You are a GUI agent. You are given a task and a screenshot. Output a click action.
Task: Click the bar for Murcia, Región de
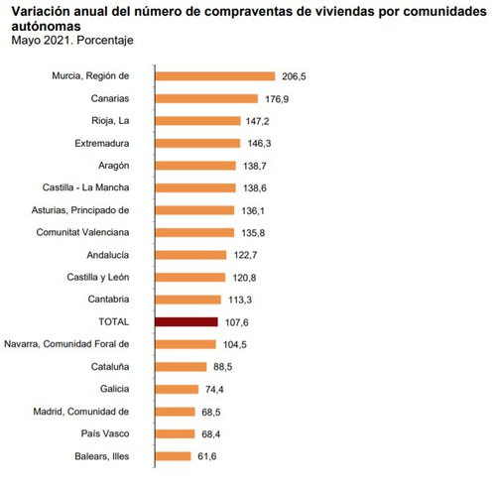coord(214,75)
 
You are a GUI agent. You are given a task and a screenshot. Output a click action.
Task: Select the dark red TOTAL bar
coord(186,321)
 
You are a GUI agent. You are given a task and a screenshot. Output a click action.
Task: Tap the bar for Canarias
coord(206,98)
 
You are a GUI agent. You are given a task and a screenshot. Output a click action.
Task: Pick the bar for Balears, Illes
coord(173,456)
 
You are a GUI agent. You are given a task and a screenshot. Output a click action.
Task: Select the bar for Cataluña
coord(182,366)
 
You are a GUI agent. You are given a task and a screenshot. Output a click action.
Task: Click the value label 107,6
coord(235,321)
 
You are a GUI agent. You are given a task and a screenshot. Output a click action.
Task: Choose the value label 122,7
coord(244,255)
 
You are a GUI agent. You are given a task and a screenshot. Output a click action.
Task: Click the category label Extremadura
coord(102,143)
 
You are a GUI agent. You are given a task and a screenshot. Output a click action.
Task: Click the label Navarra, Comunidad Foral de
coord(66,344)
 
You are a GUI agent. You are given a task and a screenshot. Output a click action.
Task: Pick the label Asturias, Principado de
coord(81,210)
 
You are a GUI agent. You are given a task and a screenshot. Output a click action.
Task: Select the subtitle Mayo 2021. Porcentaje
coord(71,41)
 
